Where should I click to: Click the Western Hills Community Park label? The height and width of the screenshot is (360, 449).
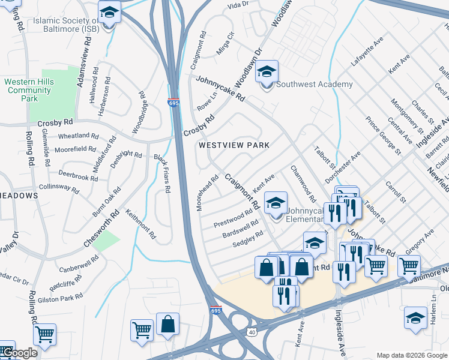pos(28,90)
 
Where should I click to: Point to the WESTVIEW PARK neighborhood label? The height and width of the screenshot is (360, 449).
pos(234,145)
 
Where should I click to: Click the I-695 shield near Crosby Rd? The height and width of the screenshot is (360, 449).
pos(173,104)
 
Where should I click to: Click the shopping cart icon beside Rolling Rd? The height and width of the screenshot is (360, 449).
pos(44,336)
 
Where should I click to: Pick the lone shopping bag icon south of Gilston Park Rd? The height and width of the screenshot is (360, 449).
pos(167,325)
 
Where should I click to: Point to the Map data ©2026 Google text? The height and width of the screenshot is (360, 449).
pos(412,355)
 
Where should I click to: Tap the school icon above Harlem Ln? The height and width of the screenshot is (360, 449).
pos(415,319)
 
